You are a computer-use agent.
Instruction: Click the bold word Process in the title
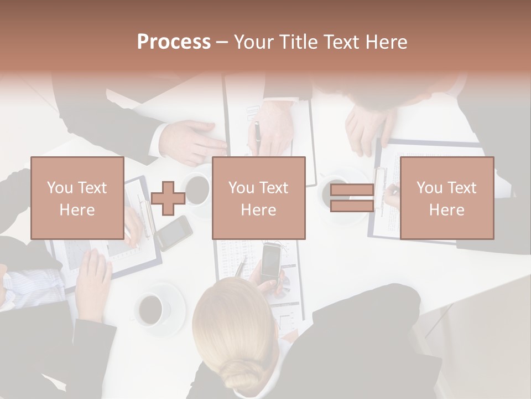[x=174, y=42]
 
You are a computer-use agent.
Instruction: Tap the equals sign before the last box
[x=352, y=198]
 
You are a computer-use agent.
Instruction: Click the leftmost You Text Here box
[x=77, y=198]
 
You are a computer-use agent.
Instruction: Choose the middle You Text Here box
[x=258, y=198]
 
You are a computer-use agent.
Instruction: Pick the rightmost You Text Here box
[x=446, y=198]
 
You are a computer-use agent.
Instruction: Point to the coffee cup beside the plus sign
[x=197, y=190]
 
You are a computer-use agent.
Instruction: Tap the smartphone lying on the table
[x=175, y=233]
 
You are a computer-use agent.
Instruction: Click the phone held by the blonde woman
[x=270, y=262]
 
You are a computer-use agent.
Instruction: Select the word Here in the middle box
[x=258, y=210]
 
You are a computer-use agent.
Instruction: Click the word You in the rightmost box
[x=429, y=188]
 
